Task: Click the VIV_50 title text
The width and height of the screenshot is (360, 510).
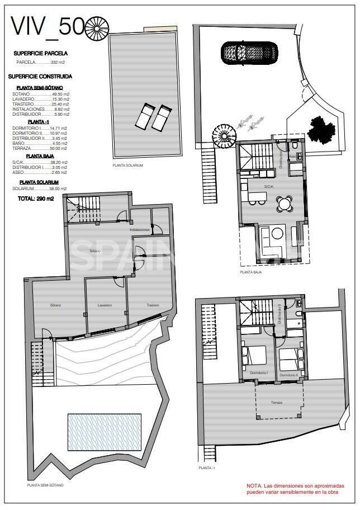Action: tap(48, 26)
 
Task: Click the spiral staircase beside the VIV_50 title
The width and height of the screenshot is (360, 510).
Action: tap(97, 27)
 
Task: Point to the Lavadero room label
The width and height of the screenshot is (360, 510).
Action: tap(105, 305)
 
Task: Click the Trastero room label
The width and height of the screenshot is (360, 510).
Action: tap(153, 305)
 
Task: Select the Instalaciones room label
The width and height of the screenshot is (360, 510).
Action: tap(140, 230)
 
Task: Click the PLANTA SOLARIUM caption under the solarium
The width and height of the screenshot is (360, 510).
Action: tap(128, 166)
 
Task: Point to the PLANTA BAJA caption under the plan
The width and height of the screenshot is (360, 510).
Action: tap(251, 272)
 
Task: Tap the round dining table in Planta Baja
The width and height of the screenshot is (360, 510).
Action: tap(285, 204)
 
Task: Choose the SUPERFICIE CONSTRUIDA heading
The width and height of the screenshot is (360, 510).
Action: tap(40, 76)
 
